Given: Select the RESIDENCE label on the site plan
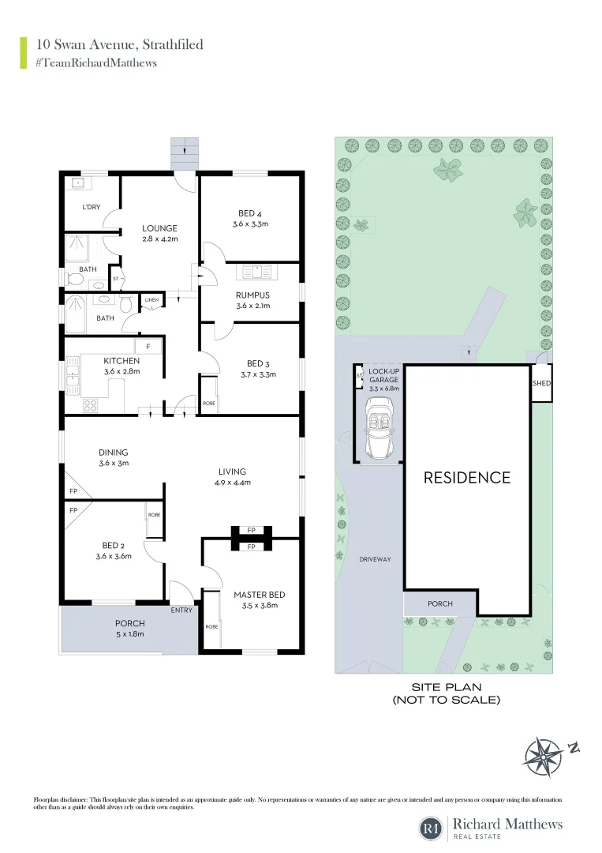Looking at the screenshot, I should click(467, 477).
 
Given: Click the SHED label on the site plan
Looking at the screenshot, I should click(541, 384).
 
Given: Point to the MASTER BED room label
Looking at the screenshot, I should click(259, 595).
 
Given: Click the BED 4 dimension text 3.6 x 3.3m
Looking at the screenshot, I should click(250, 224).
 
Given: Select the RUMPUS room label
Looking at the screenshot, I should click(252, 295).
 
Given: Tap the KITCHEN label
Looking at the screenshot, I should click(122, 361).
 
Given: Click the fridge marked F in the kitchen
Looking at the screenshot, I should click(148, 346).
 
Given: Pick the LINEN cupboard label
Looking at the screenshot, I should click(152, 300).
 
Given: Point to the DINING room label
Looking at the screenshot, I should click(114, 453).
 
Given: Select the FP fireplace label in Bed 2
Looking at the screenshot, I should click(73, 511).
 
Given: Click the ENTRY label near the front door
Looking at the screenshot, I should click(181, 610).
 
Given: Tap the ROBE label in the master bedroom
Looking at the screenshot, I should click(211, 626).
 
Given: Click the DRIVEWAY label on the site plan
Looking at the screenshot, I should click(376, 559).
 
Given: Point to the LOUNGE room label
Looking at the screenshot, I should click(159, 228).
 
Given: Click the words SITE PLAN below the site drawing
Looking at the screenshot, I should click(446, 687).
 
